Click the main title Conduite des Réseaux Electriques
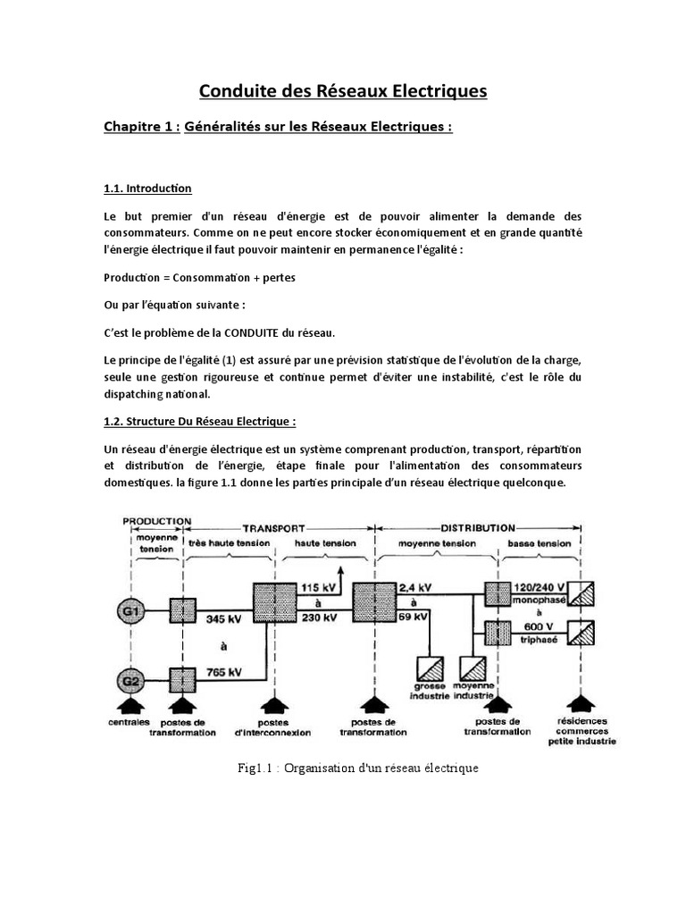coord(343,91)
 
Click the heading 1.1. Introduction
coord(148,189)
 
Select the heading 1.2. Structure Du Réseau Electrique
coord(199,421)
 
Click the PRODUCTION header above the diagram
coord(157,520)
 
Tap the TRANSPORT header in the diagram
coord(274,527)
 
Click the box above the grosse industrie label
coord(430,671)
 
